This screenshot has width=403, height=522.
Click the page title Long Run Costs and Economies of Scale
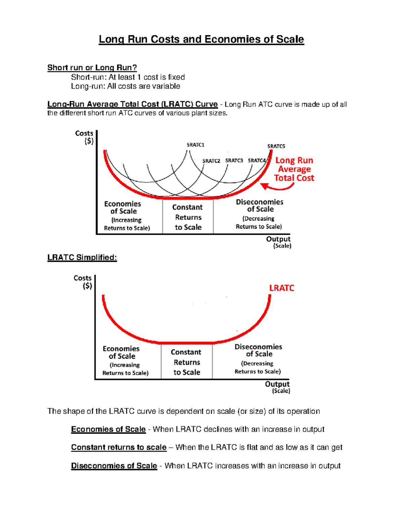point(201,39)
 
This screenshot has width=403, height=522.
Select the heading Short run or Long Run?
point(92,68)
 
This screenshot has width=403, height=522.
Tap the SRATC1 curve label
point(195,145)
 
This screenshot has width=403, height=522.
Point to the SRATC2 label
point(211,161)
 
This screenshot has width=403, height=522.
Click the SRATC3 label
point(234,161)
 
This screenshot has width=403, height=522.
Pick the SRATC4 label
point(257,161)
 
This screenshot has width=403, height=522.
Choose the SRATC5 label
point(276,146)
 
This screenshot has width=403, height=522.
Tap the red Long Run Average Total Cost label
point(294,169)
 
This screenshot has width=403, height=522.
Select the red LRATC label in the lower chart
point(281,288)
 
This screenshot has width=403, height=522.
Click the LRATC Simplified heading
point(82,257)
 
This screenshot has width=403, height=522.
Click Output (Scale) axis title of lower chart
point(277,387)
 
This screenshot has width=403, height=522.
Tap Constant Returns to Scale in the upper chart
point(187,217)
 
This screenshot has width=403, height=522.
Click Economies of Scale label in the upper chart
point(123,207)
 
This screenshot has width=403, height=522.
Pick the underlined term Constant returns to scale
point(119,447)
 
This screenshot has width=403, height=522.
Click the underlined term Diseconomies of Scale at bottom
point(114,466)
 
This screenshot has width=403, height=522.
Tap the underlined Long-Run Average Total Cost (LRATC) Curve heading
point(132,104)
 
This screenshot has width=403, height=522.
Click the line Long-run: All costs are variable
point(125,86)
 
